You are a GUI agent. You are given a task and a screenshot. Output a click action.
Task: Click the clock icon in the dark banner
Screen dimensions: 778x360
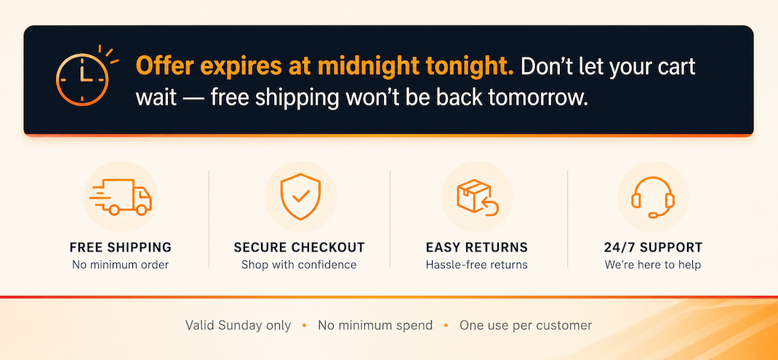coord(82,79)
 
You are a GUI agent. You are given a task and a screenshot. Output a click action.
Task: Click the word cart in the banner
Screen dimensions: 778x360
coord(675,67)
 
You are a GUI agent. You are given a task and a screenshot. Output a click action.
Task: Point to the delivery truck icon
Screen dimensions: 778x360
coord(121,196)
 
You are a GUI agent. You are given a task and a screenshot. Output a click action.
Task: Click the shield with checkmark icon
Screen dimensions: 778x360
coord(300,196)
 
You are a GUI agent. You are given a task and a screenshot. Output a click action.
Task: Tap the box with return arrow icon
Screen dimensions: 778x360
coord(477,197)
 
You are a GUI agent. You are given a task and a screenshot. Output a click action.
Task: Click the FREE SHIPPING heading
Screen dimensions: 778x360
coord(121,247)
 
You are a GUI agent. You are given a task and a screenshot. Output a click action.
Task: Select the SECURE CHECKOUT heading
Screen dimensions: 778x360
coord(299,247)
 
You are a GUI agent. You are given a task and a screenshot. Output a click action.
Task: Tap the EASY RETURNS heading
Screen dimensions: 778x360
coord(477,247)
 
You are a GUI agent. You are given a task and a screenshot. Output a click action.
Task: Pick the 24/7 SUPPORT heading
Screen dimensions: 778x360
coord(653,247)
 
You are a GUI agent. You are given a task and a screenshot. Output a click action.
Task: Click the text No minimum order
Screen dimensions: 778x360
coord(121,265)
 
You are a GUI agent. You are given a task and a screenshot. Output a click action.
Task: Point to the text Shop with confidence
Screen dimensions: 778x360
coord(299,265)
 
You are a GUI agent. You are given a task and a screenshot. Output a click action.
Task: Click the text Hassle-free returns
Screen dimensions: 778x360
coord(477,265)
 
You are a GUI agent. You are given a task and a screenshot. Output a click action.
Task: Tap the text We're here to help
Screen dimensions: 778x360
coord(653,265)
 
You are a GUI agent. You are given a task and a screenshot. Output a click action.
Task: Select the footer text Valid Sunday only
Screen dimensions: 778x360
coord(238,326)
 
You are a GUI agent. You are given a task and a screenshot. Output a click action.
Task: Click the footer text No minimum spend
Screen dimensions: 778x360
coord(376,326)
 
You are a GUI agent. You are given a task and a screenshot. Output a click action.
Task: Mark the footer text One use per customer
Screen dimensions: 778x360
coord(526,326)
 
